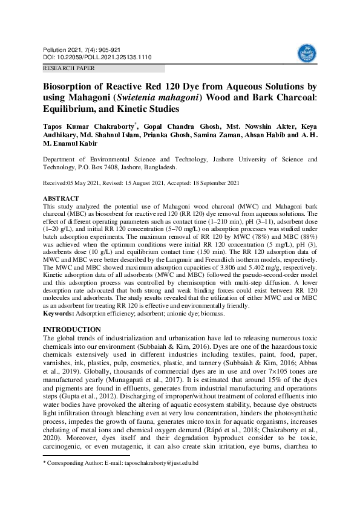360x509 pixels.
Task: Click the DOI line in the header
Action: pos(97,57)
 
